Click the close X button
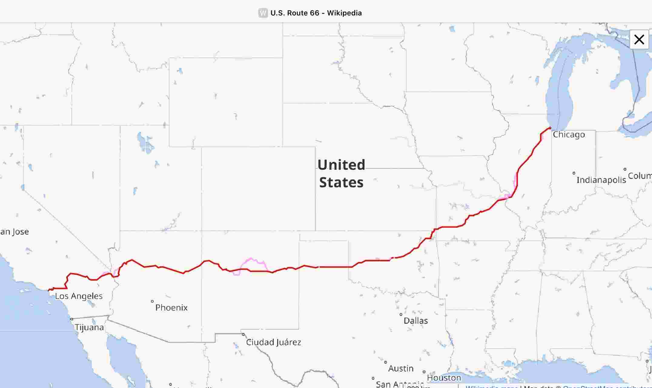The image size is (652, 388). coord(639,39)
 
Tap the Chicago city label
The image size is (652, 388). coord(569,134)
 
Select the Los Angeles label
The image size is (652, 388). coord(79,296)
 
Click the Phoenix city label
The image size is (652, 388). coord(171,307)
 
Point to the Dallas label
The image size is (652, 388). coord(415,320)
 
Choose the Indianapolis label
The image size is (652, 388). coord(601,180)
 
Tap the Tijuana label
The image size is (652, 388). coord(89,327)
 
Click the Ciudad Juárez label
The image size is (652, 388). coord(273,342)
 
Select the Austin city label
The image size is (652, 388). coord(401,368)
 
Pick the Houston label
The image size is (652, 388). coord(444,378)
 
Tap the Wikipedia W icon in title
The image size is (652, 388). coord(263,13)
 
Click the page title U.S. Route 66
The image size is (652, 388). coord(316,13)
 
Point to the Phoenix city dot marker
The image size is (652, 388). coord(152,301)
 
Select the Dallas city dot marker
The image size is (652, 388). coord(401,314)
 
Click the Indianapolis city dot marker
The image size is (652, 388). coord(574,173)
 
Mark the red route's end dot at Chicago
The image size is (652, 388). coord(550,128)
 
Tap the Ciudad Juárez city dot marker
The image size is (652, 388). coord(243,334)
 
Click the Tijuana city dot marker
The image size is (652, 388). coord(72,319)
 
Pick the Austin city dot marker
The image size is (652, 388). coord(386,362)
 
